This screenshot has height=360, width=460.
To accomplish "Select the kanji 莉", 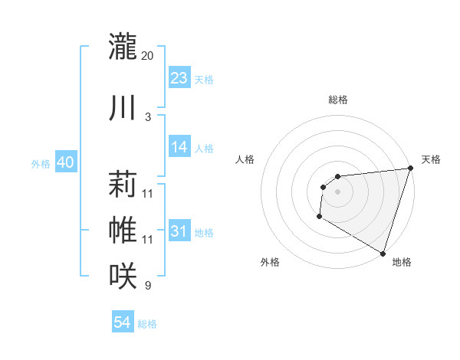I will [123, 185].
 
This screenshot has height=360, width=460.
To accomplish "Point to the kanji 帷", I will [123, 229].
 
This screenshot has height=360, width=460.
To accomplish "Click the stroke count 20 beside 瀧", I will [148, 56].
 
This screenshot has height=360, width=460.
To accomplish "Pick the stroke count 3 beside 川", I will [148, 117].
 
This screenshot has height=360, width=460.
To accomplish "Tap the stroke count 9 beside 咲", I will [148, 286].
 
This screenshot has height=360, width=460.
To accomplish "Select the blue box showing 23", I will [179, 77].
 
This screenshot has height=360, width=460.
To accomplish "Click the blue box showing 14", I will [179, 147].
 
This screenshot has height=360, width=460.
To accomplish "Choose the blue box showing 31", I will [179, 231].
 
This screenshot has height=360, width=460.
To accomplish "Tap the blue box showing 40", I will [65, 162].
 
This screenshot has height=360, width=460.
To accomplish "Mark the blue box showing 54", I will [123, 322].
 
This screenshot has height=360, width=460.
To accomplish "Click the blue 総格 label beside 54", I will [147, 324].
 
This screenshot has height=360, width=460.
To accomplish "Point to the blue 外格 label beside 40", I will [41, 163].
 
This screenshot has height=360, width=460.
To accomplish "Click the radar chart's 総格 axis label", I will [337, 100].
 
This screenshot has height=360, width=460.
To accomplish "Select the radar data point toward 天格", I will [410, 169].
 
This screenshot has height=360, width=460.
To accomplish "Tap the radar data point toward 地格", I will [383, 252].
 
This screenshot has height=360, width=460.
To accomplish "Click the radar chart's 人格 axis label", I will [245, 159].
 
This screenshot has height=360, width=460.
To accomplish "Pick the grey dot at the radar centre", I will [337, 191].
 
